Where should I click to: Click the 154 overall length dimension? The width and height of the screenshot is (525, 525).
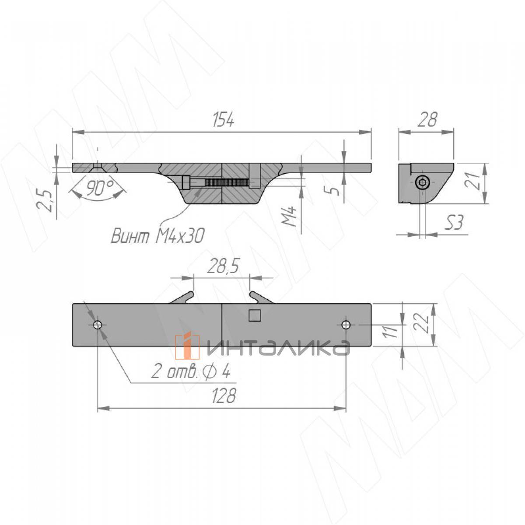[223, 120]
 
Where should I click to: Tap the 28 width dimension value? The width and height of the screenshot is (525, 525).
[427, 119]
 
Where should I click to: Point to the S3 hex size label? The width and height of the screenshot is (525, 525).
[454, 222]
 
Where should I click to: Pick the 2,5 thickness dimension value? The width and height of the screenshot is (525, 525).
[45, 201]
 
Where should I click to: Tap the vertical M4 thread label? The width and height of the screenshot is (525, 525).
[289, 217]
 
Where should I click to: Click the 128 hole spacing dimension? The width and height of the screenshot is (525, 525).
[224, 395]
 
